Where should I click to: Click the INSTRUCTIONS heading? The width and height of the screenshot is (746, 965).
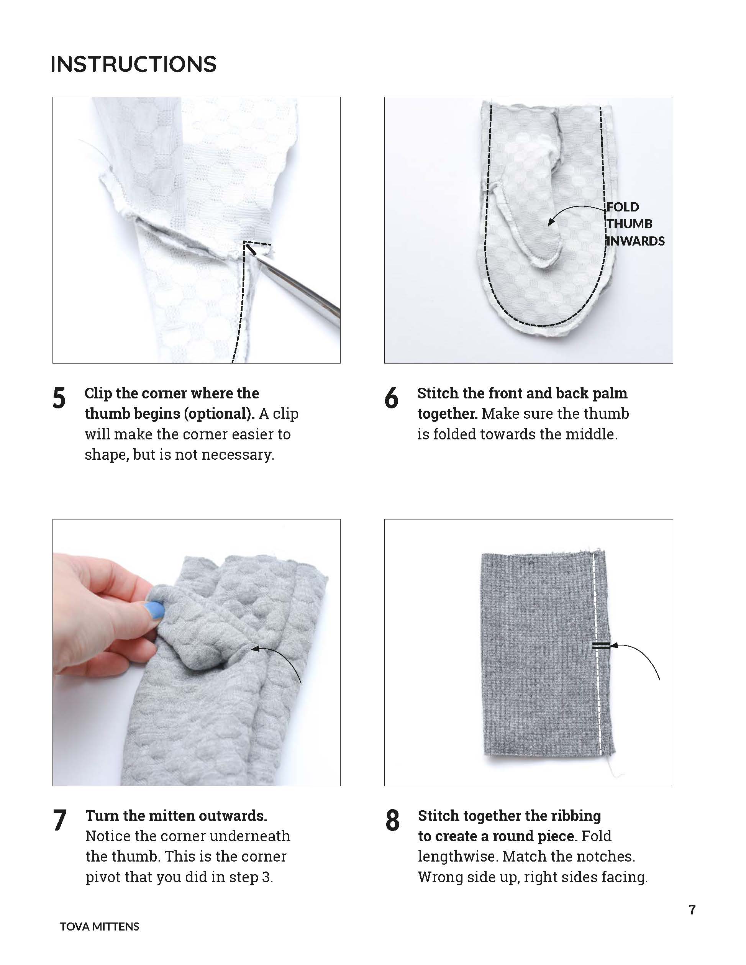[133, 64]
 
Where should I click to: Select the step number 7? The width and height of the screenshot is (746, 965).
[59, 821]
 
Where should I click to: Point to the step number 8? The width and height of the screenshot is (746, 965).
[392, 821]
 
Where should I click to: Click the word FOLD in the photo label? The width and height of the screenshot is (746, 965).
[623, 207]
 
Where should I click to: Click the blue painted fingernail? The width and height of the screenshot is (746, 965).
[155, 610]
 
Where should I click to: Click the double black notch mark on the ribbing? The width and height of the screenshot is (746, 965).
[601, 646]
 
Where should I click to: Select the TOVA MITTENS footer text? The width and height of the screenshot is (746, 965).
[100, 927]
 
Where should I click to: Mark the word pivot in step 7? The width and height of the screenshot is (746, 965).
[103, 877]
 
